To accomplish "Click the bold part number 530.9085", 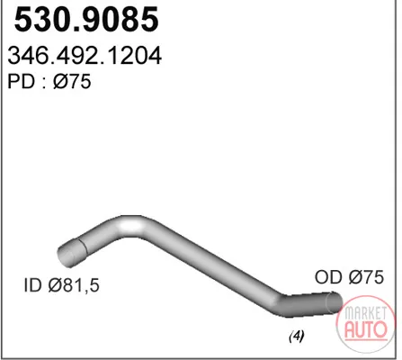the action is pyautogui.click(x=86, y=20).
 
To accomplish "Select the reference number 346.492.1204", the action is pyautogui.click(x=85, y=56).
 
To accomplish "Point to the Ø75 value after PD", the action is pyautogui.click(x=72, y=82).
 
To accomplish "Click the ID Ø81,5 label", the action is pyautogui.click(x=61, y=285).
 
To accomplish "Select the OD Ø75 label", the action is pyautogui.click(x=349, y=277).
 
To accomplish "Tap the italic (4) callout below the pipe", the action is pyautogui.click(x=297, y=336).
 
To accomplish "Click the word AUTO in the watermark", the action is pyautogui.click(x=365, y=329).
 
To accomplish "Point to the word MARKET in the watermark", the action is pyautogui.click(x=366, y=313).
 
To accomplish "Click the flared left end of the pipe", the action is pyautogui.click(x=72, y=253).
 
